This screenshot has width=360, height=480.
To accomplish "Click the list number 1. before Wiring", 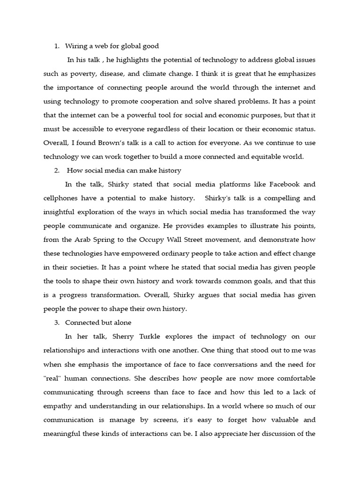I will pos(57,46).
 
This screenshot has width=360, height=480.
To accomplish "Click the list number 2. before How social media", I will pos(57,170).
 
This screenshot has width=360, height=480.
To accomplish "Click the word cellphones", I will pos(62,198).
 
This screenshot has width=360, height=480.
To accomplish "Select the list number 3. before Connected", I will pos(57,322).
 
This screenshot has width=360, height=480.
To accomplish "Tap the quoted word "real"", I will pos(53,378).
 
